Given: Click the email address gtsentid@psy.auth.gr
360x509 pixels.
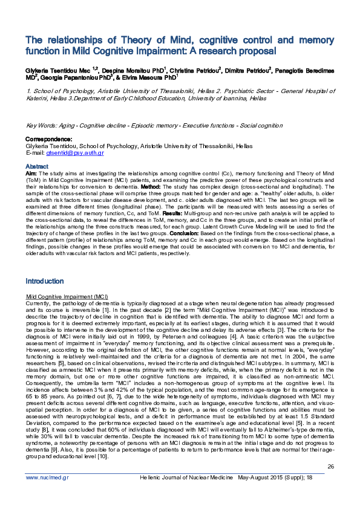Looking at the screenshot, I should click(76, 154).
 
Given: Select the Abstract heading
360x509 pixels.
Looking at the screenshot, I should click(36, 166).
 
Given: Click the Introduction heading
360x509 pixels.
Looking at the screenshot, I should click(44, 281).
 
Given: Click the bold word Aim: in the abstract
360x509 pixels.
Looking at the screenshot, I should click(31, 173).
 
